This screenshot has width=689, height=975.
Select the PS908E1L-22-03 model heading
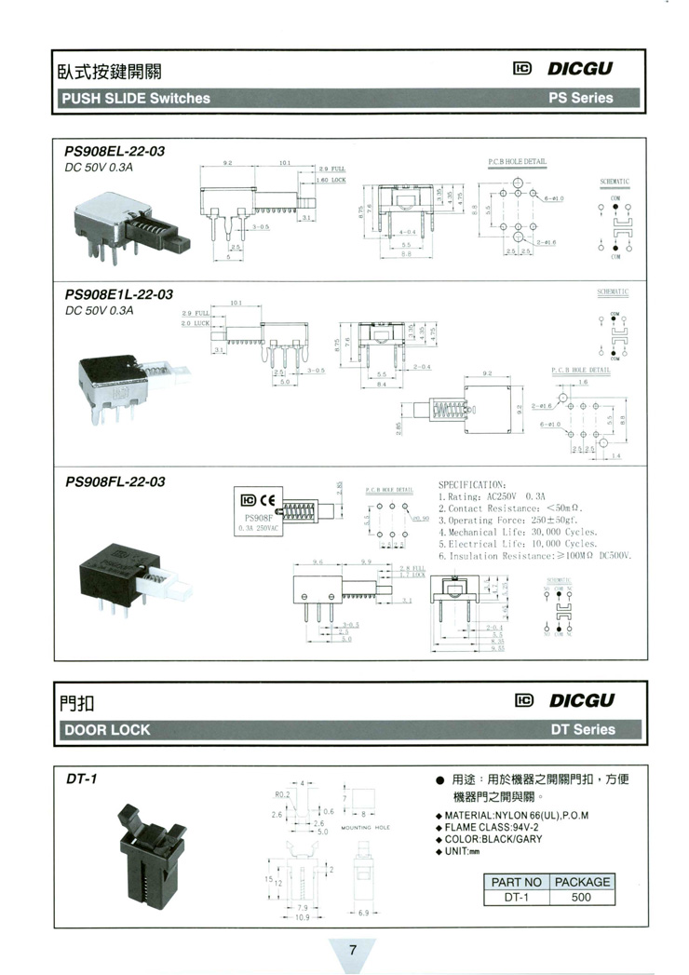tap(118, 294)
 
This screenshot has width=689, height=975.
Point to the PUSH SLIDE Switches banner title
tap(135, 98)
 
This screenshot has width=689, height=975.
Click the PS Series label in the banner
tap(581, 98)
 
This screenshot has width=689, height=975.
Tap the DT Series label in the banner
tap(582, 730)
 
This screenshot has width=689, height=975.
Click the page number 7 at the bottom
tap(353, 951)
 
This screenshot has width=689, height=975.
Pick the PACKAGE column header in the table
tap(581, 882)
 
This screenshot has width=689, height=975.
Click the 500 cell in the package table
tap(581, 898)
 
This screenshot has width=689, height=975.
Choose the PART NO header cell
tap(516, 882)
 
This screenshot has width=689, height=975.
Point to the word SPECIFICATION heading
tap(471, 484)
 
